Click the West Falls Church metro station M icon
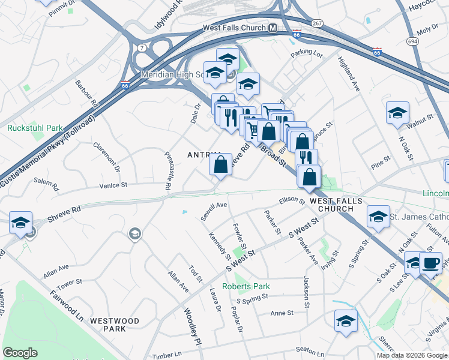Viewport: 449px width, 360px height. point(273,28)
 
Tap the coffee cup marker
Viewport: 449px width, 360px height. point(430,263)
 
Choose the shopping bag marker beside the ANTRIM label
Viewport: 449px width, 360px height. point(221,164)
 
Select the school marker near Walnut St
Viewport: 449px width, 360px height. point(397,113)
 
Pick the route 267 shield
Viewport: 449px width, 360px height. point(318,23)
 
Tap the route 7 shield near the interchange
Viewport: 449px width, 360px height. point(140,47)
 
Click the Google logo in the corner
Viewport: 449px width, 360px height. point(20,353)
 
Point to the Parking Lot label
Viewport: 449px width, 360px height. point(307,55)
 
